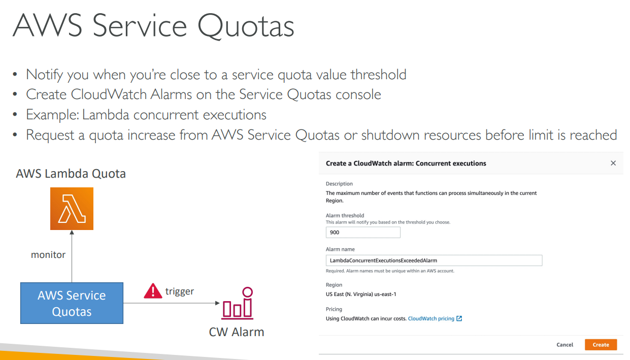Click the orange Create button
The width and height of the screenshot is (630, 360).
pos(601,345)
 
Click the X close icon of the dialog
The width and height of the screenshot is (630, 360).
pos(613,163)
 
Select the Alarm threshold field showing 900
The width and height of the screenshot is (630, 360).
pos(363,233)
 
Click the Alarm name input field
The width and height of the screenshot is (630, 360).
pos(434,260)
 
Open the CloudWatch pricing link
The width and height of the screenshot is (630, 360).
pos(431,318)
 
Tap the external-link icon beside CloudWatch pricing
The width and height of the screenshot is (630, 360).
pos(459,318)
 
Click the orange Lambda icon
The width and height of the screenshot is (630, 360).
pos(72,209)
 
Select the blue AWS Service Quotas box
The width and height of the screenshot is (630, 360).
pos(72,303)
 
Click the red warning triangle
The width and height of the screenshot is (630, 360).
pos(153,291)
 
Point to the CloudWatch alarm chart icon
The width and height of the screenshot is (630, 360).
pos(238,303)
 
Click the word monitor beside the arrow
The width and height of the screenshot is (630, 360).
pos(48,254)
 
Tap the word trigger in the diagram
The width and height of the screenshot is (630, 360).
pos(180,291)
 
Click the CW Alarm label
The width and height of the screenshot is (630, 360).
pos(236,332)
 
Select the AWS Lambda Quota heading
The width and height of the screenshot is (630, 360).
pos(71,174)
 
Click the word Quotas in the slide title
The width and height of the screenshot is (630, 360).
pos(246,26)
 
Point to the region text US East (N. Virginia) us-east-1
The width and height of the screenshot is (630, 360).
pos(361,294)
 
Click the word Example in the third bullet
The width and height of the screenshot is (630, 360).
pos(52,115)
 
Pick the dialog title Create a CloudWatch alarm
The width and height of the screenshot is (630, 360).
pos(369,163)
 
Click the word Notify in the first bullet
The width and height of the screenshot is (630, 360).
pos(44,75)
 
